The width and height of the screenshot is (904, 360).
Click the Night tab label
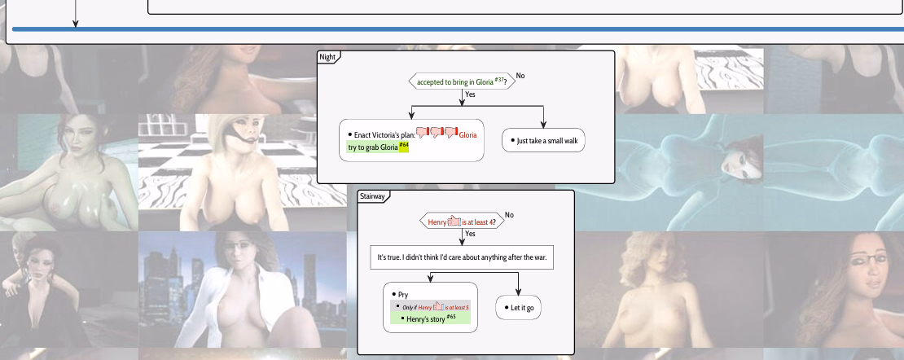[327, 57]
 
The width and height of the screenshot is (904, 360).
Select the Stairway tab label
[372, 196]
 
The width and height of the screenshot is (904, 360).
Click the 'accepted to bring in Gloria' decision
[461, 81]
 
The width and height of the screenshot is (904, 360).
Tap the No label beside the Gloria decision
[520, 76]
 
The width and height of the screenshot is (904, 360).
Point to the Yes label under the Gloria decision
[470, 94]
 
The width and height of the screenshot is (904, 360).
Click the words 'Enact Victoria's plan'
[384, 134]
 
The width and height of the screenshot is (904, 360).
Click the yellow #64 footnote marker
[403, 146]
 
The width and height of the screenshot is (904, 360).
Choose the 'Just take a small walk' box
[543, 141]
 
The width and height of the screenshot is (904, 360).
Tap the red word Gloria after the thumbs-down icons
[467, 134]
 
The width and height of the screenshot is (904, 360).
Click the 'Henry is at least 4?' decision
[462, 221]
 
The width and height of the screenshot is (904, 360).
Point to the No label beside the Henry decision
[509, 215]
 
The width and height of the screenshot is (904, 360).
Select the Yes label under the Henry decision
[470, 234]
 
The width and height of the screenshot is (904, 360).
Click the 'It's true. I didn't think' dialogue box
[462, 257]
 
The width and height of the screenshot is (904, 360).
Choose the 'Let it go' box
[520, 307]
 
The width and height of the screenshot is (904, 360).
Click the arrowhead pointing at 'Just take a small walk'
[543, 124]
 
